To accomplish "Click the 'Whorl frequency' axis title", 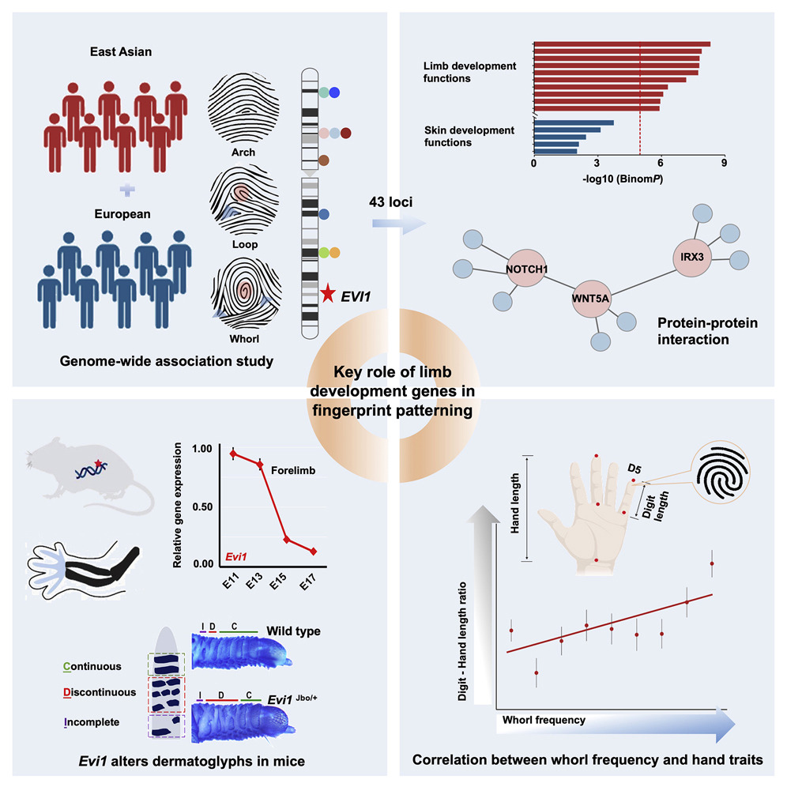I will tap(544, 720).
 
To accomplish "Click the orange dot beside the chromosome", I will tap(334, 253).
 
